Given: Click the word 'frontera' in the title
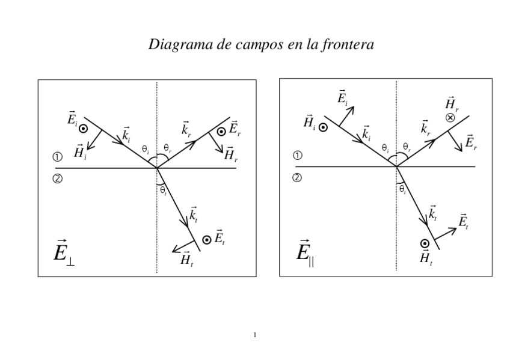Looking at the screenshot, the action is point(348,45).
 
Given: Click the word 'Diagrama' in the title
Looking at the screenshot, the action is point(174,45).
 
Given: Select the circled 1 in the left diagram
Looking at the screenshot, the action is point(58,157).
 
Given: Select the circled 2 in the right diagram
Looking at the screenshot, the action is point(297,177).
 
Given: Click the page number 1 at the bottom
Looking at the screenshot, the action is point(255,334).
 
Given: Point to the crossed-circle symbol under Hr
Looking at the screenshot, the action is point(450,118).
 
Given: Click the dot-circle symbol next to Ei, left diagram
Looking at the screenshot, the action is point(84,128).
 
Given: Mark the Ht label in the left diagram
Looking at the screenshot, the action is point(187,259).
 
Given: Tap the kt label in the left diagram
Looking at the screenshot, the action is point(194,214).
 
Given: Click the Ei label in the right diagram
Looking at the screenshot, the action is point(342,98).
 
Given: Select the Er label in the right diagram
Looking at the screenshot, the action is point(472,143).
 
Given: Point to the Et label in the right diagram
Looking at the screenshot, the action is point(464,222).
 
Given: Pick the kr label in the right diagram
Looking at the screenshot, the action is point(426,128).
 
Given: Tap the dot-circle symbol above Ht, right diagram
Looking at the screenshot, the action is point(425,243).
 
